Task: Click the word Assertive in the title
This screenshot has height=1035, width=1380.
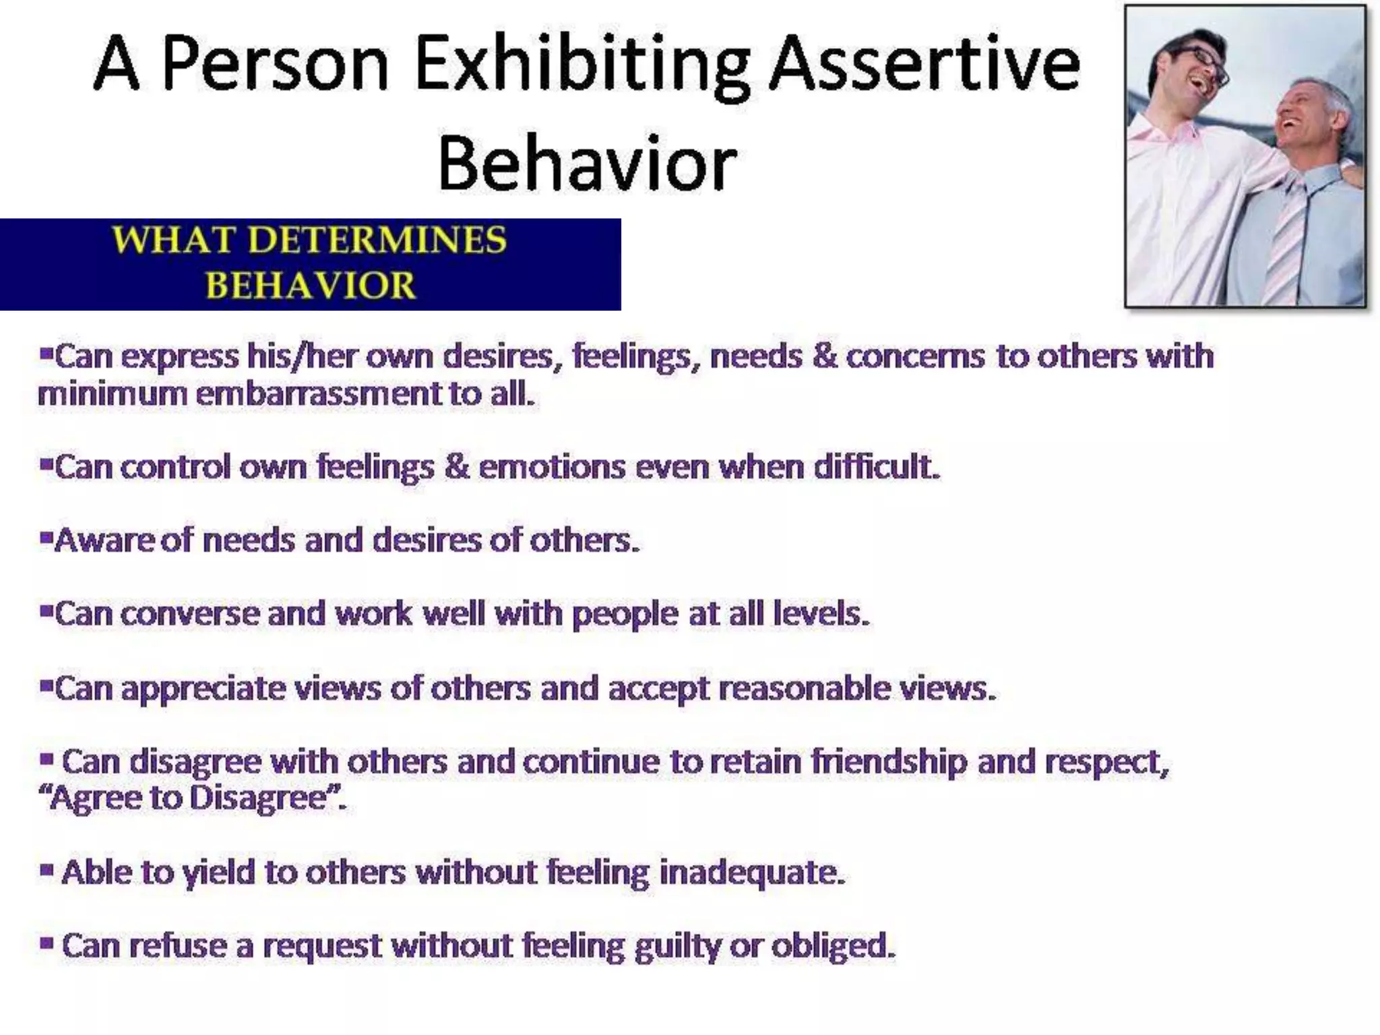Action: click(x=924, y=66)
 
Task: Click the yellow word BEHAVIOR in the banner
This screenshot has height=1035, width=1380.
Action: click(x=311, y=285)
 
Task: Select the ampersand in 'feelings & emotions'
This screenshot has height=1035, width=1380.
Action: click(x=456, y=466)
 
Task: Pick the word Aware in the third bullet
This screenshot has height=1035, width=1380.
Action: click(x=104, y=540)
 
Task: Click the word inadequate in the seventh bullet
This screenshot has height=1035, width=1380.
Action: click(x=751, y=872)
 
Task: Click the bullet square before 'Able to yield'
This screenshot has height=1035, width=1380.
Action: click(x=46, y=870)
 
